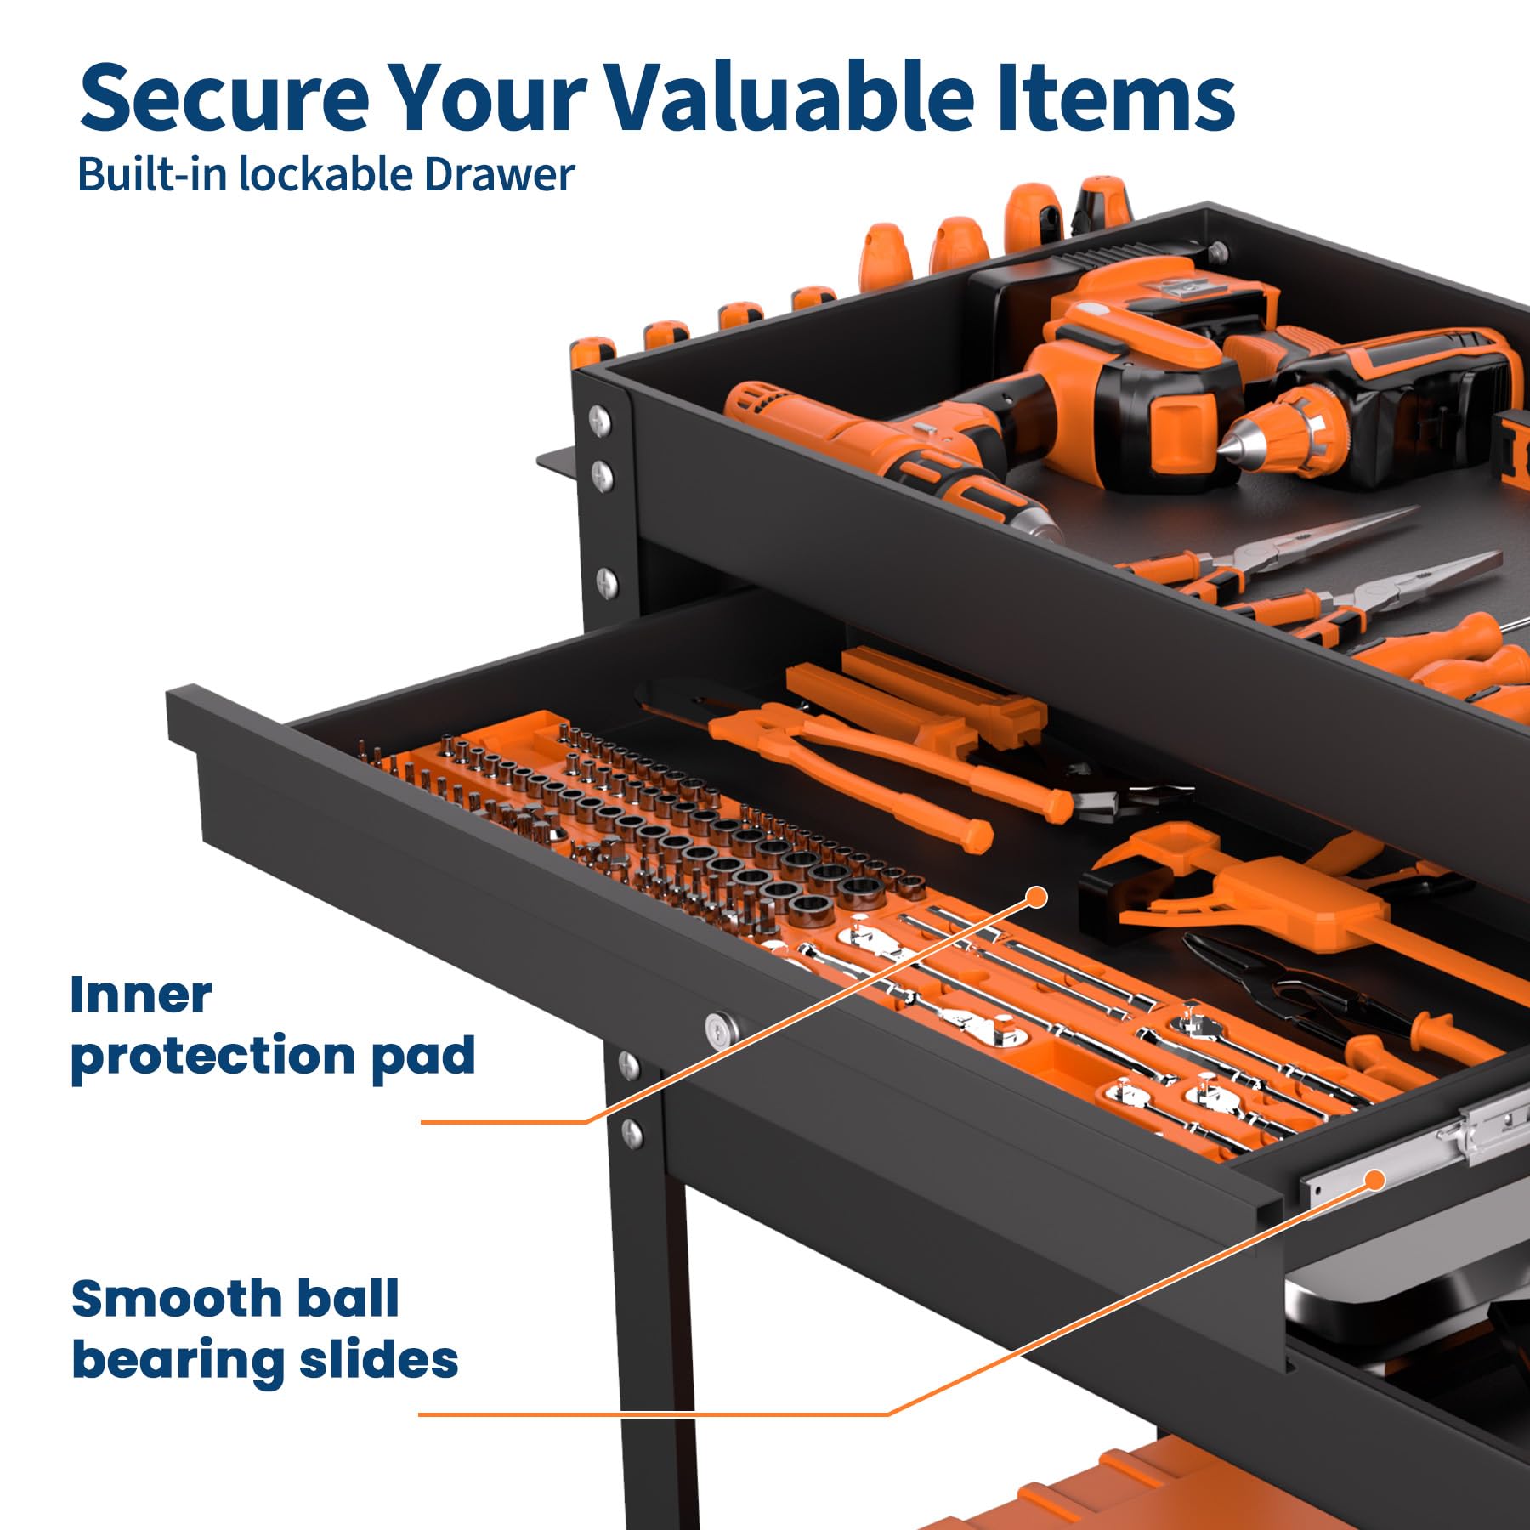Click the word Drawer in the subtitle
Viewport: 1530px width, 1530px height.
[499, 174]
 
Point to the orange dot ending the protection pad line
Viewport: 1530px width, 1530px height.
[1037, 897]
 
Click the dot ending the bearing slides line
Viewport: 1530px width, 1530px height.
[1374, 1180]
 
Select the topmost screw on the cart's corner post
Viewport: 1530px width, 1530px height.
[600, 418]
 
